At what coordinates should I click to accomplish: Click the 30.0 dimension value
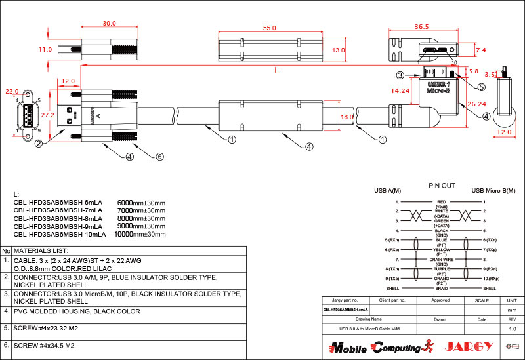click(110, 24)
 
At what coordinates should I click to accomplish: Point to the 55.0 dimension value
click(269, 29)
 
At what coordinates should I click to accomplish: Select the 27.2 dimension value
click(47, 114)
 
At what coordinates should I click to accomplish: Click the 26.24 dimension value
click(478, 104)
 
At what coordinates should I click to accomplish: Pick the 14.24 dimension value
click(400, 91)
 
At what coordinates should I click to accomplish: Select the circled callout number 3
click(400, 75)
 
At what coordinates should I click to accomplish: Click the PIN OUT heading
click(442, 186)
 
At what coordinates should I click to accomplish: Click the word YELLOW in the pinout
click(442, 250)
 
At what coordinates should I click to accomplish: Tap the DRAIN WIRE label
click(442, 260)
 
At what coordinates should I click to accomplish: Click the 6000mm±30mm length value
click(140, 203)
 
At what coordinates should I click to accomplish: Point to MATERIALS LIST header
click(41, 251)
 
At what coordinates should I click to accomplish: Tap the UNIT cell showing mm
click(513, 309)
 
